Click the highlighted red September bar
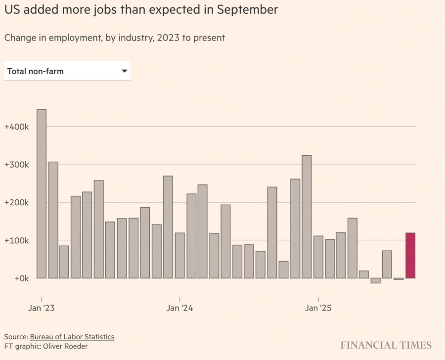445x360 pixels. (x=410, y=255)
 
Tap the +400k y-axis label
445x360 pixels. (x=17, y=127)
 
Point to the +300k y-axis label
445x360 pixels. (x=17, y=165)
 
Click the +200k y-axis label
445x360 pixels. (x=17, y=203)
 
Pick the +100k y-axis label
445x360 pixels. (x=17, y=240)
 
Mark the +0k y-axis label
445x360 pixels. (x=20, y=278)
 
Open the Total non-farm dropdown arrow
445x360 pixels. (x=125, y=71)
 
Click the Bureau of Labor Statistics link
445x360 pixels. (x=72, y=337)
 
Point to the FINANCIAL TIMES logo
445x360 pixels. (x=386, y=345)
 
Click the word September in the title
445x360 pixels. (x=247, y=9)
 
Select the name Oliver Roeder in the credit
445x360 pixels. (x=66, y=347)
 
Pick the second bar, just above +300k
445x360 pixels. (x=53, y=220)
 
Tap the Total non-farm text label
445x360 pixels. (x=36, y=71)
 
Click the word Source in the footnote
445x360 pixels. (x=16, y=337)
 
